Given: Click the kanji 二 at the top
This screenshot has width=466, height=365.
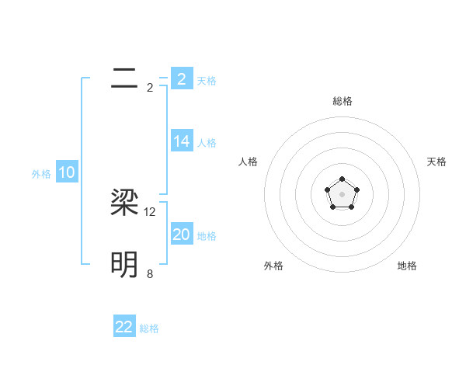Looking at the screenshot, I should click(124, 78).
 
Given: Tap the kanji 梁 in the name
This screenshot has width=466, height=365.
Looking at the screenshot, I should click(124, 203).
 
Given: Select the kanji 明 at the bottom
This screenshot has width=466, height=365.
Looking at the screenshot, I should click(124, 265).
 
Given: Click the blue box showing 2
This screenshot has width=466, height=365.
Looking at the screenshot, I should click(182, 78).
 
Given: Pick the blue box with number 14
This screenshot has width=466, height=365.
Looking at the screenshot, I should click(182, 141).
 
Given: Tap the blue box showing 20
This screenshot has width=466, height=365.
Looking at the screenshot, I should click(182, 235).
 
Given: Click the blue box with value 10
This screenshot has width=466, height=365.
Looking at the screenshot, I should click(67, 172).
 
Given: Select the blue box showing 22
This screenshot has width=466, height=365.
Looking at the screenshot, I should click(124, 327).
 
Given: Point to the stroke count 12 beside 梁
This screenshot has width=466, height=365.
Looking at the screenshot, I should click(150, 211).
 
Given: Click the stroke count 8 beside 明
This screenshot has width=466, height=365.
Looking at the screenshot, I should click(150, 273).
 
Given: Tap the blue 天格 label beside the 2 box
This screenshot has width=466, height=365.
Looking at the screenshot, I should click(207, 81).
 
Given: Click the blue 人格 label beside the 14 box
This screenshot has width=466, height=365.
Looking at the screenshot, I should click(207, 143).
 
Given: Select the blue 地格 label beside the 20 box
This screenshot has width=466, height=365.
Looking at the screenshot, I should click(207, 236).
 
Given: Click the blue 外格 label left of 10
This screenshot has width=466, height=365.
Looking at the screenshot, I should click(41, 175).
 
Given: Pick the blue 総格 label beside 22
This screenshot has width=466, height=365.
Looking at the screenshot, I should click(149, 329).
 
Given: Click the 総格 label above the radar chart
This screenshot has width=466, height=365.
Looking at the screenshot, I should click(342, 101).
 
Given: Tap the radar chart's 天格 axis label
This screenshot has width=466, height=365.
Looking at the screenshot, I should click(436, 162).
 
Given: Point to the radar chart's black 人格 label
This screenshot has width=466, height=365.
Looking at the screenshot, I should click(248, 162).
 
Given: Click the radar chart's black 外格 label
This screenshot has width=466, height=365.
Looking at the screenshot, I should click(273, 266).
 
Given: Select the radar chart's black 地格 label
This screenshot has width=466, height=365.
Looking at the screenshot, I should click(407, 266).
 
